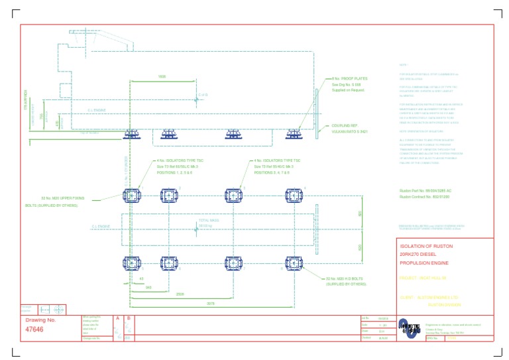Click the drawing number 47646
(34, 329)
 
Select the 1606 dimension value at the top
(162, 77)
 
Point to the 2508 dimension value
(180, 296)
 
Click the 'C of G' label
(203, 95)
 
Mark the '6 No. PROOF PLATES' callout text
(343, 80)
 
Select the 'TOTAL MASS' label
(208, 221)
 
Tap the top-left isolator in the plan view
(131, 196)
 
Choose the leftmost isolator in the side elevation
(131, 135)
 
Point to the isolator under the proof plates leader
(294, 135)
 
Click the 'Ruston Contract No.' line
(424, 197)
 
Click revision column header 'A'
(117, 318)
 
